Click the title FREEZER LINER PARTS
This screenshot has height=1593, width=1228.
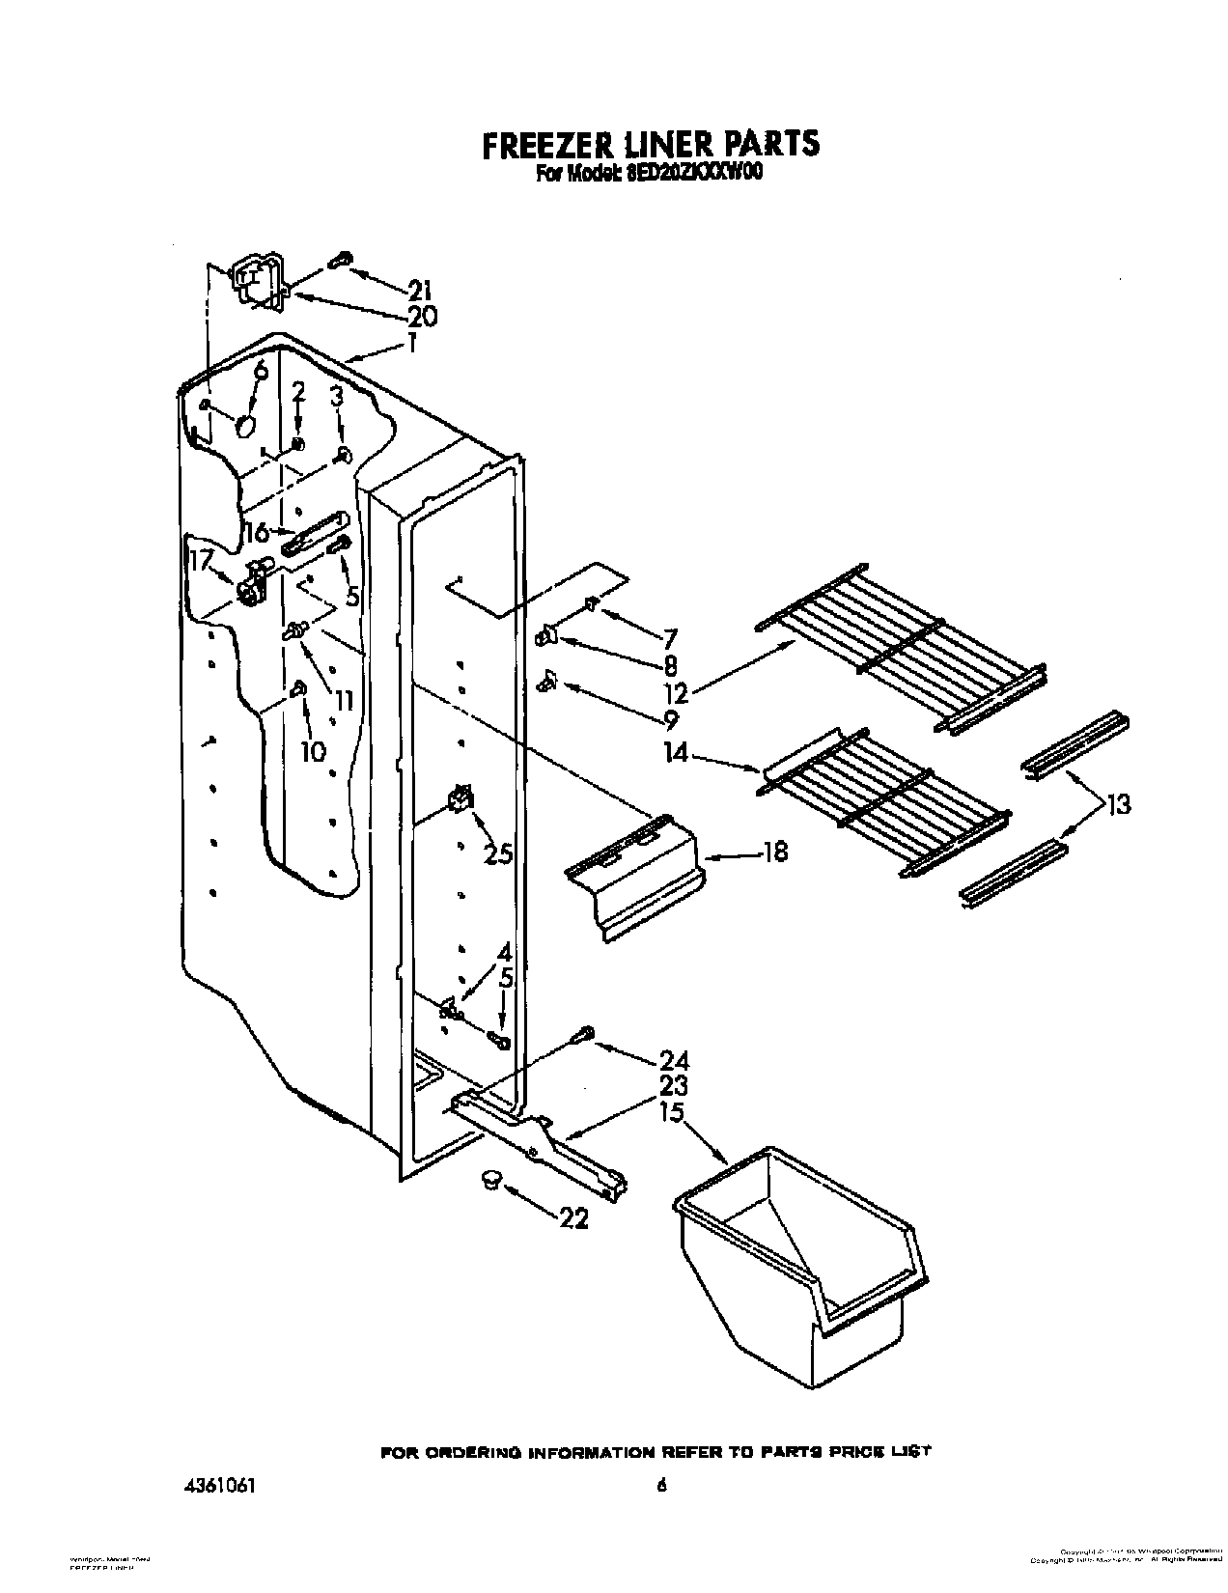[x=651, y=144]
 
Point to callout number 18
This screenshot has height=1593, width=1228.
[x=774, y=852]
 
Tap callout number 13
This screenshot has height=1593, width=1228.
[x=1118, y=803]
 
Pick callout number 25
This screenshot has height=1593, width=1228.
[x=498, y=854]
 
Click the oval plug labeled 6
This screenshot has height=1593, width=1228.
[x=246, y=425]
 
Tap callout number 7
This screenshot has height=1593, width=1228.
[x=669, y=638]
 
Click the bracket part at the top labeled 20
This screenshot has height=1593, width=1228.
[x=257, y=282]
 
